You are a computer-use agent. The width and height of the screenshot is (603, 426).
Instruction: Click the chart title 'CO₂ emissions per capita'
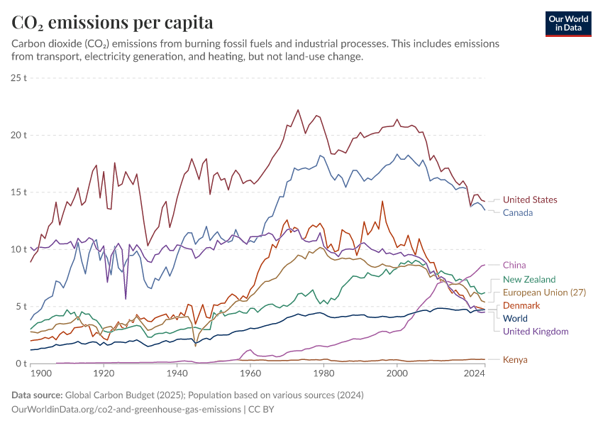pyautogui.click(x=112, y=23)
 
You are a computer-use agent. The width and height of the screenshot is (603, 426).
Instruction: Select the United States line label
pyautogui.click(x=529, y=200)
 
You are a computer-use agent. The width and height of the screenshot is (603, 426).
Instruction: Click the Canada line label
pyautogui.click(x=517, y=213)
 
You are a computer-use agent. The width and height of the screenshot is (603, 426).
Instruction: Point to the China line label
pyautogui.click(x=514, y=266)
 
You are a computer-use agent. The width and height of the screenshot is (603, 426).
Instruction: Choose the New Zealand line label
pyautogui.click(x=529, y=280)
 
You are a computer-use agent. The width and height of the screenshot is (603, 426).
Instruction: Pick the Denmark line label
pyautogui.click(x=521, y=305)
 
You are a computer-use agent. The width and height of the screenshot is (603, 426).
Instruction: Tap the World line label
pyautogui.click(x=516, y=318)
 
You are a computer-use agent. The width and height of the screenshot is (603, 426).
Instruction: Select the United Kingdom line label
pyautogui.click(x=535, y=332)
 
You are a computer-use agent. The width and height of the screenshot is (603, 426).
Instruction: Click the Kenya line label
pyautogui.click(x=515, y=360)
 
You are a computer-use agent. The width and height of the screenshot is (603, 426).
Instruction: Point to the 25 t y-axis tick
pyautogui.click(x=19, y=77)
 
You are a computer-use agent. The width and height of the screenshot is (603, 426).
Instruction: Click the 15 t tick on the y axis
pyautogui.click(x=19, y=192)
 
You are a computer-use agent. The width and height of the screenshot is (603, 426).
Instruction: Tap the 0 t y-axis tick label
pyautogui.click(x=21, y=364)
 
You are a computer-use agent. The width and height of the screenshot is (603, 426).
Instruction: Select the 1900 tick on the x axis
pyautogui.click(x=42, y=373)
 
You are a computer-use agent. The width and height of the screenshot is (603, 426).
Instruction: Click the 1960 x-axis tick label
pyautogui.click(x=250, y=373)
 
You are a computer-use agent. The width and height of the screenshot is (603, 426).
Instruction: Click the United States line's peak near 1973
pyautogui.click(x=298, y=110)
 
